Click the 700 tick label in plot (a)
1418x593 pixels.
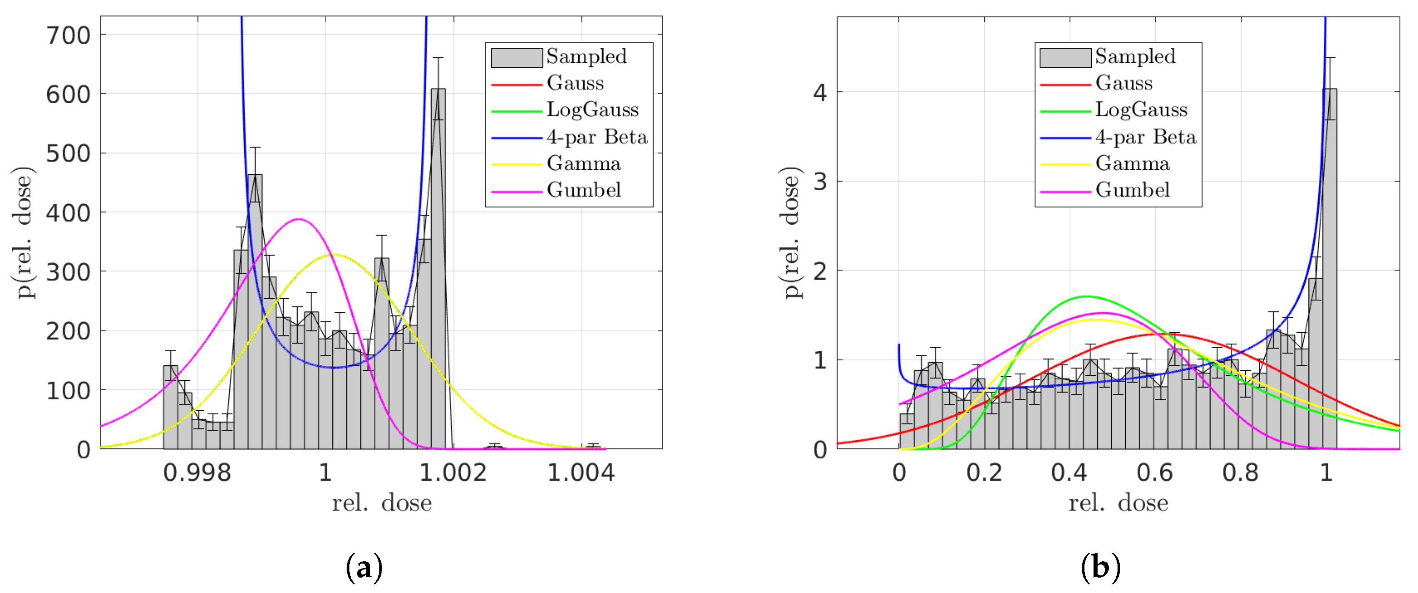click(68, 36)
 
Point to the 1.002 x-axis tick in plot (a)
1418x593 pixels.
click(453, 473)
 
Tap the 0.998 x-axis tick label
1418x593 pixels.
click(197, 473)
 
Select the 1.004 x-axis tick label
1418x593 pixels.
click(581, 473)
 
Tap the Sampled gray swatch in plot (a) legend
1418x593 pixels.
click(516, 57)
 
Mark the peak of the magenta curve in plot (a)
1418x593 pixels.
click(298, 219)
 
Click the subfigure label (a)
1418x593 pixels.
click(364, 567)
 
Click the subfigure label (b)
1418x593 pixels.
click(1100, 567)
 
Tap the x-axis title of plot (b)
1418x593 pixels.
click(1118, 503)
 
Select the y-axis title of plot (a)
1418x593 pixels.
click(23, 232)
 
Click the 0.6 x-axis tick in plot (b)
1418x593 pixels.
click(1155, 473)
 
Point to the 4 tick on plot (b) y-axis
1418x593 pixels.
click(820, 92)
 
